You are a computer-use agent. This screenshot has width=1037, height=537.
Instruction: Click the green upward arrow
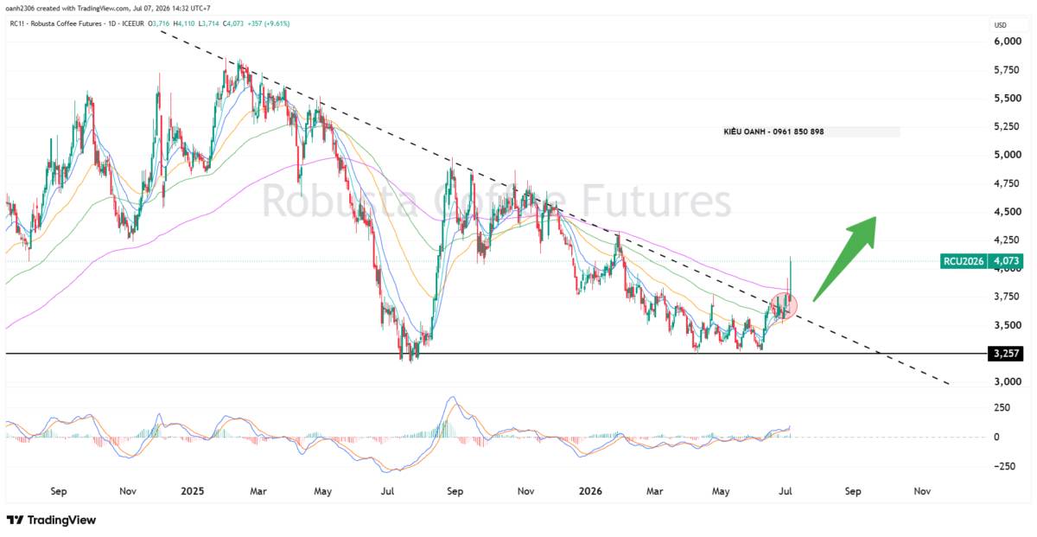tap(843, 259)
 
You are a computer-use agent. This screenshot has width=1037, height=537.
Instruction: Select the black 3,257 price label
tap(1006, 354)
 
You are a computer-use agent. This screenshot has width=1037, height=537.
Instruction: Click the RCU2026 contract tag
tap(964, 261)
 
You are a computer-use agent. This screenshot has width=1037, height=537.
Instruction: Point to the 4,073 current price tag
tap(1006, 261)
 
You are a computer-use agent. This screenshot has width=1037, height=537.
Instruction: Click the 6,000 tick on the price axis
tap(1008, 42)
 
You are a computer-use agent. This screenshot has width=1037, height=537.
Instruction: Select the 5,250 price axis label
tap(1008, 126)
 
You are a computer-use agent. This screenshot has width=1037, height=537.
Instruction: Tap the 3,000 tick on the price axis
tap(1008, 381)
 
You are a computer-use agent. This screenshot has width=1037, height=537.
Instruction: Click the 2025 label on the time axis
tap(192, 491)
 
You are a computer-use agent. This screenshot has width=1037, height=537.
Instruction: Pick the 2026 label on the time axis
tap(590, 491)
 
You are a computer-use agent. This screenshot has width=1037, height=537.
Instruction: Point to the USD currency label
tap(1001, 25)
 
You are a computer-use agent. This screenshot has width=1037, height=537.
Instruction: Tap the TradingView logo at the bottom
tap(51, 521)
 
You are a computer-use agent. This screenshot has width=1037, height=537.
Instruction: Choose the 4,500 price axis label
tap(1008, 211)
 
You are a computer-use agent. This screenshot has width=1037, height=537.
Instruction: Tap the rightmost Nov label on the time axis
tap(922, 491)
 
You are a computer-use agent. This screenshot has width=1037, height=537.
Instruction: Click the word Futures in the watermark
tap(656, 201)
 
